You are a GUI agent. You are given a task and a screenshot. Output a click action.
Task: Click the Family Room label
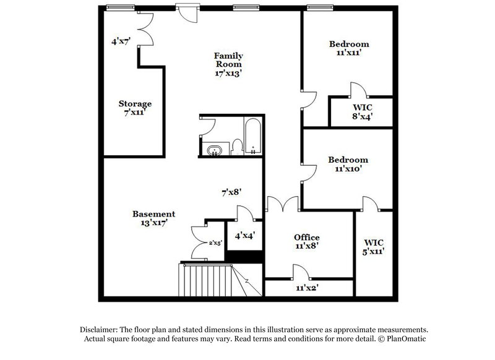tap(228, 59)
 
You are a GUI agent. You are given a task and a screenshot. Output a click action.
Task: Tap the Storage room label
tap(135, 103)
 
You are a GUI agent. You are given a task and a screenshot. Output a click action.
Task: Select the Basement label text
tap(149, 214)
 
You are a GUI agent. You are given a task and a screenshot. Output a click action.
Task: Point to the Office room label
tap(306, 237)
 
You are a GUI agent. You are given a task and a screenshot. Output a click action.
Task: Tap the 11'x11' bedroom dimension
tap(349, 53)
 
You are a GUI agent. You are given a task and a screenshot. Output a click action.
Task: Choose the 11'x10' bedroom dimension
tap(348, 168)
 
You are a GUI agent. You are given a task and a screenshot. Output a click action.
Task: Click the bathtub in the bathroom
tap(253, 137)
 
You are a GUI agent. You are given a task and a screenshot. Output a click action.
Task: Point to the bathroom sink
tap(215, 150)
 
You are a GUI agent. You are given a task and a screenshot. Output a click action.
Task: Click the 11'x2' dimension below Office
tap(308, 288)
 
